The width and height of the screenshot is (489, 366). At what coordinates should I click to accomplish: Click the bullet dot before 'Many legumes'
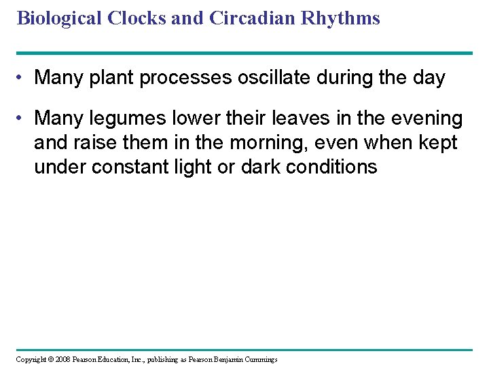click(x=23, y=119)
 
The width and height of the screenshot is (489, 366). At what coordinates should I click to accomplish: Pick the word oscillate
click(x=273, y=78)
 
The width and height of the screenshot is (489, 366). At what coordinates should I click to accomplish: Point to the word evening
click(x=426, y=119)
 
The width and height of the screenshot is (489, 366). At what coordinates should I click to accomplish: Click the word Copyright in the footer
click(x=31, y=359)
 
